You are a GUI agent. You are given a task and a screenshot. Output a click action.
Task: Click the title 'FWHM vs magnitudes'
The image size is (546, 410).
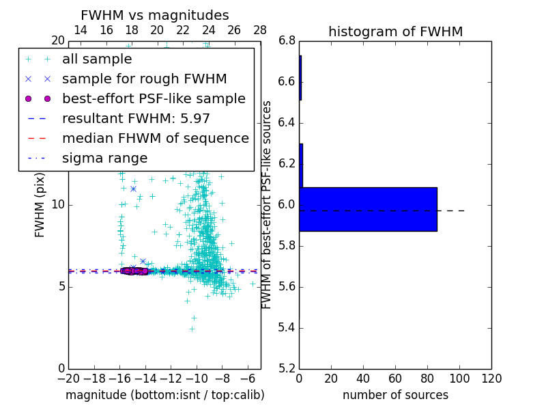(155, 16)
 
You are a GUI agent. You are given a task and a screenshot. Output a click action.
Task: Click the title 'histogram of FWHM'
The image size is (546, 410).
(395, 31)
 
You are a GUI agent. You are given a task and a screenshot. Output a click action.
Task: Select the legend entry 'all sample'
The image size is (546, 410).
(97, 59)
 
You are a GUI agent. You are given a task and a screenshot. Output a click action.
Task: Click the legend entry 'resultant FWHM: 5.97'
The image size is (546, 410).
(136, 119)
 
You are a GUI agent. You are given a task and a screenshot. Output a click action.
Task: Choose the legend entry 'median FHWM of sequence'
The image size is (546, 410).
(155, 139)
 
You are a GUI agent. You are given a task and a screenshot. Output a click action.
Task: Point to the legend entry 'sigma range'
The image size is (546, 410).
(104, 159)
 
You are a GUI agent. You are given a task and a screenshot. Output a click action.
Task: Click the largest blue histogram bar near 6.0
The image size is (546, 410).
(368, 209)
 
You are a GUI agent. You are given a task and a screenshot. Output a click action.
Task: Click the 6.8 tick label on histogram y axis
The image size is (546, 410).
(287, 41)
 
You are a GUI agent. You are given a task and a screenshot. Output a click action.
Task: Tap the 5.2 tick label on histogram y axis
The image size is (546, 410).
(287, 368)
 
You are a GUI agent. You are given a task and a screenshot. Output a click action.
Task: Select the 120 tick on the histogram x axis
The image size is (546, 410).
(491, 379)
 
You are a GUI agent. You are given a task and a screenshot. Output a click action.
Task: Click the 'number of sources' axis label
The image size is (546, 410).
(395, 395)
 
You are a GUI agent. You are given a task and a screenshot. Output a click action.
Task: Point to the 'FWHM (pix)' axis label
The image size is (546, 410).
(40, 204)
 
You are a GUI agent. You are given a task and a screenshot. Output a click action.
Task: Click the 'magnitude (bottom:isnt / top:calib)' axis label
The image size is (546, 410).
(164, 395)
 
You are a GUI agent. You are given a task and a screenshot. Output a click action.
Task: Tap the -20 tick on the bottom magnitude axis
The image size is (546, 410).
(68, 379)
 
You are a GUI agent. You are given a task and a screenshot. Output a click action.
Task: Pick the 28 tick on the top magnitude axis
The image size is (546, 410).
(260, 31)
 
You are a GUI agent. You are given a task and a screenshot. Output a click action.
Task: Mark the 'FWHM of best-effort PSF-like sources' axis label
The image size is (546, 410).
(268, 204)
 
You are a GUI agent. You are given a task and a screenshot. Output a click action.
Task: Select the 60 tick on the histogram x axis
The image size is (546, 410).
(395, 379)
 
